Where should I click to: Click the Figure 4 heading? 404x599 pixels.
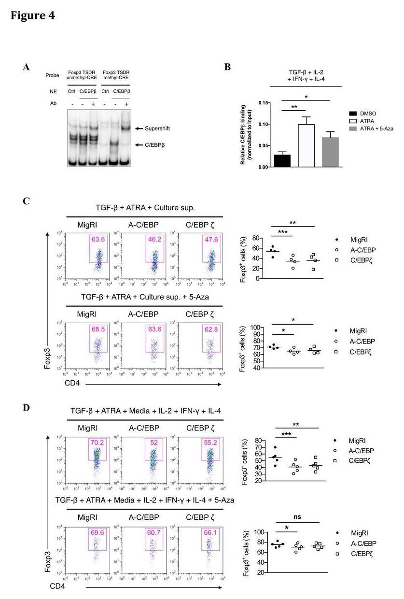coord(33,15)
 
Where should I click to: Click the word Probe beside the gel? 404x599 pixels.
coord(52,75)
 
